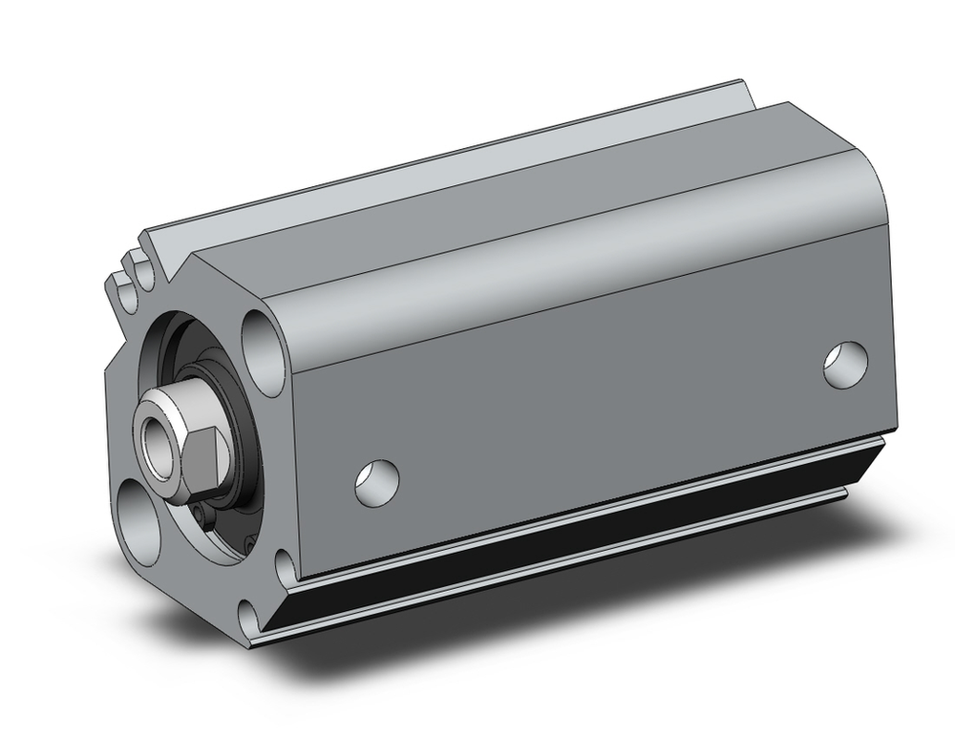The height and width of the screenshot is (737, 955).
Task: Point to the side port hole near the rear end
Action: (846, 366)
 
